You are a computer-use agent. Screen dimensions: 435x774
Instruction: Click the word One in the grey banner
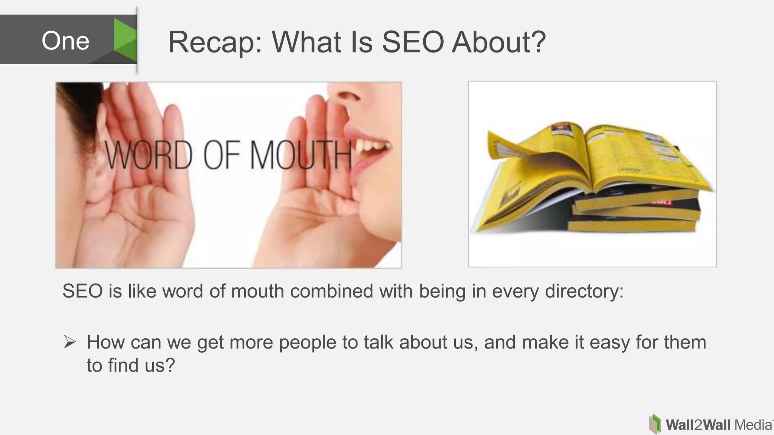point(65,40)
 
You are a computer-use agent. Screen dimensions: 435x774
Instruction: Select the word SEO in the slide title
point(413,42)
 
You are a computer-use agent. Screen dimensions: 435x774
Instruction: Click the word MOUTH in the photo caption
point(300,155)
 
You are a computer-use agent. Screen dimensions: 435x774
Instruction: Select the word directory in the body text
point(584,291)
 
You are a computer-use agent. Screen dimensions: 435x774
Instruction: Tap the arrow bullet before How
point(70,342)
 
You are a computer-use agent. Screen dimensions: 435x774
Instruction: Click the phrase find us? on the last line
point(141,365)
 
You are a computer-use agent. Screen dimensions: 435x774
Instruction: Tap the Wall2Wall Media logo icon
point(655,424)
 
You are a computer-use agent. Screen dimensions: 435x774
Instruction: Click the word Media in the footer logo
point(753,425)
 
